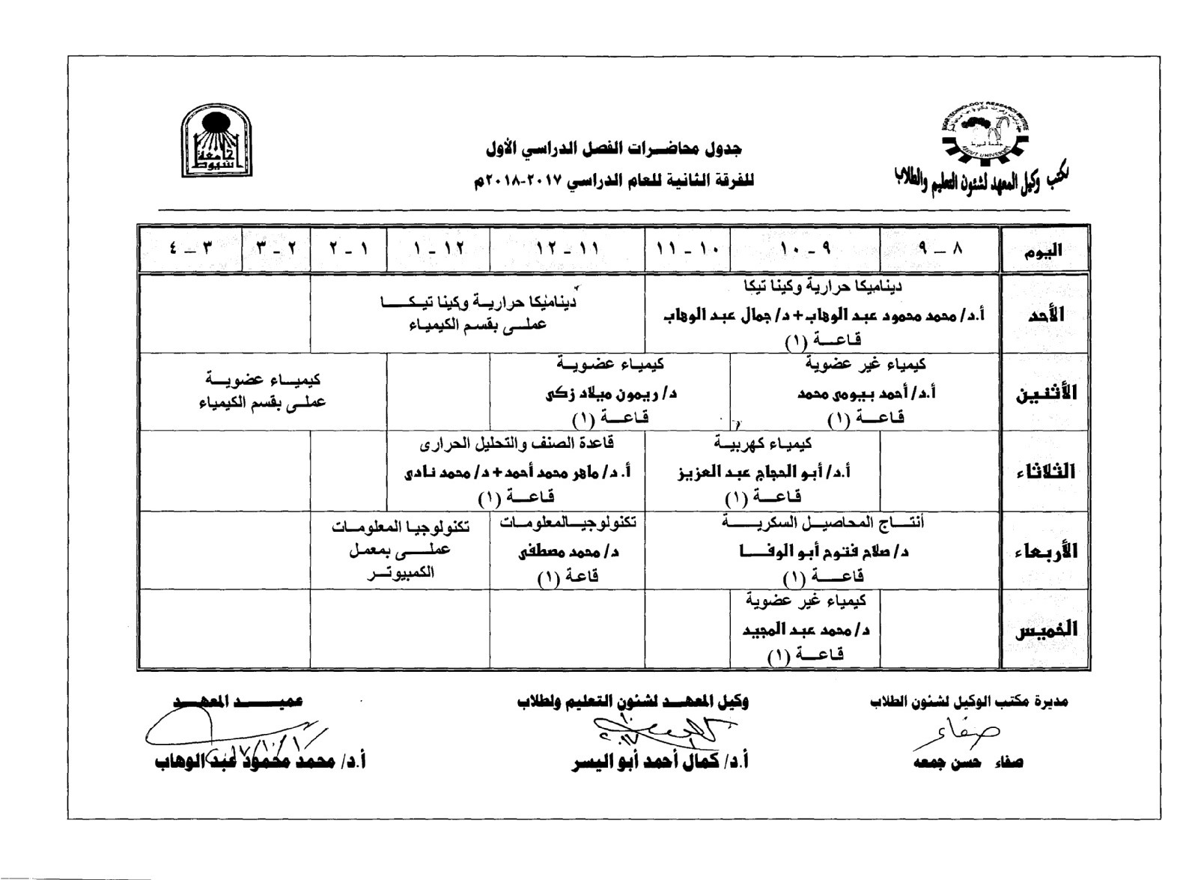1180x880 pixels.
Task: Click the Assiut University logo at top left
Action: (216, 141)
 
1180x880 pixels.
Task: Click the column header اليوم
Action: (1043, 251)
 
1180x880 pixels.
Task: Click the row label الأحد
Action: (1045, 315)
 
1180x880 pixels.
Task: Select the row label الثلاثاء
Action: (1045, 472)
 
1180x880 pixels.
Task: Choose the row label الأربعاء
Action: (1045, 551)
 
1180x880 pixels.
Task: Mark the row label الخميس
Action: (1045, 630)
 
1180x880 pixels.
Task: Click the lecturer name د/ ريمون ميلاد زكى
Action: (609, 392)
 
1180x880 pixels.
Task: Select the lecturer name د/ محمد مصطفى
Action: (568, 553)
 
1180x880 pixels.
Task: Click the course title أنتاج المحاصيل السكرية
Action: (822, 522)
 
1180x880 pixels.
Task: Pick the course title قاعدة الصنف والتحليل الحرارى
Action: (517, 443)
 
